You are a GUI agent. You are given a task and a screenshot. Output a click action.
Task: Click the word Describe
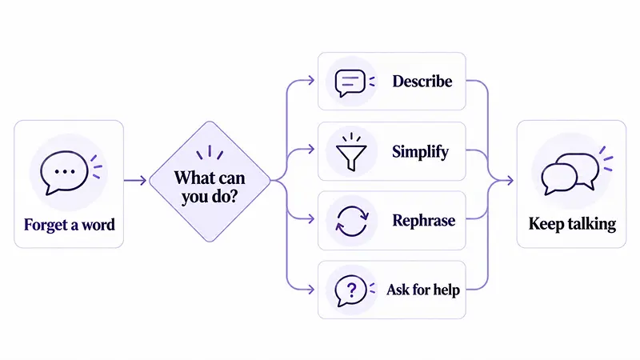click(422, 82)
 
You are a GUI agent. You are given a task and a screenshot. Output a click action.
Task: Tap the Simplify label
click(420, 152)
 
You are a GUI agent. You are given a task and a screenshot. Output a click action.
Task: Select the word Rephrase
click(424, 221)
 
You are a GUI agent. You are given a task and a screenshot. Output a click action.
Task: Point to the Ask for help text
click(423, 290)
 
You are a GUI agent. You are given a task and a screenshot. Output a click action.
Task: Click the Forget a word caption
click(69, 225)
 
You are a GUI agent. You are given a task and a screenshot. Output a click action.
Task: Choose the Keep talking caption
click(572, 224)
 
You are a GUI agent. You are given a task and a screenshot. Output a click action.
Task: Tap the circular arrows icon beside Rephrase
click(351, 222)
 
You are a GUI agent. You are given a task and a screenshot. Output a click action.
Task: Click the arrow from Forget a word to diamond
click(135, 181)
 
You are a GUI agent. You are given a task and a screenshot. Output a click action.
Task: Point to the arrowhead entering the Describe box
click(311, 81)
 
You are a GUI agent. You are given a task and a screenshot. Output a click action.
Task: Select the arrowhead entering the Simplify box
click(311, 149)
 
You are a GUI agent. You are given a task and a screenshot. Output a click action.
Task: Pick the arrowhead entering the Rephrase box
click(311, 219)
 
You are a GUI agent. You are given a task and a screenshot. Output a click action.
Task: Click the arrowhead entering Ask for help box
click(311, 290)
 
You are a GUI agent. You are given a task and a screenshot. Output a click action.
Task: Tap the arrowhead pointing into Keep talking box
click(510, 181)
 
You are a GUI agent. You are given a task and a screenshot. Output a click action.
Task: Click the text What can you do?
click(210, 187)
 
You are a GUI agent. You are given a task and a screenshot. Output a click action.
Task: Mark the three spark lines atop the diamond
click(210, 152)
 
